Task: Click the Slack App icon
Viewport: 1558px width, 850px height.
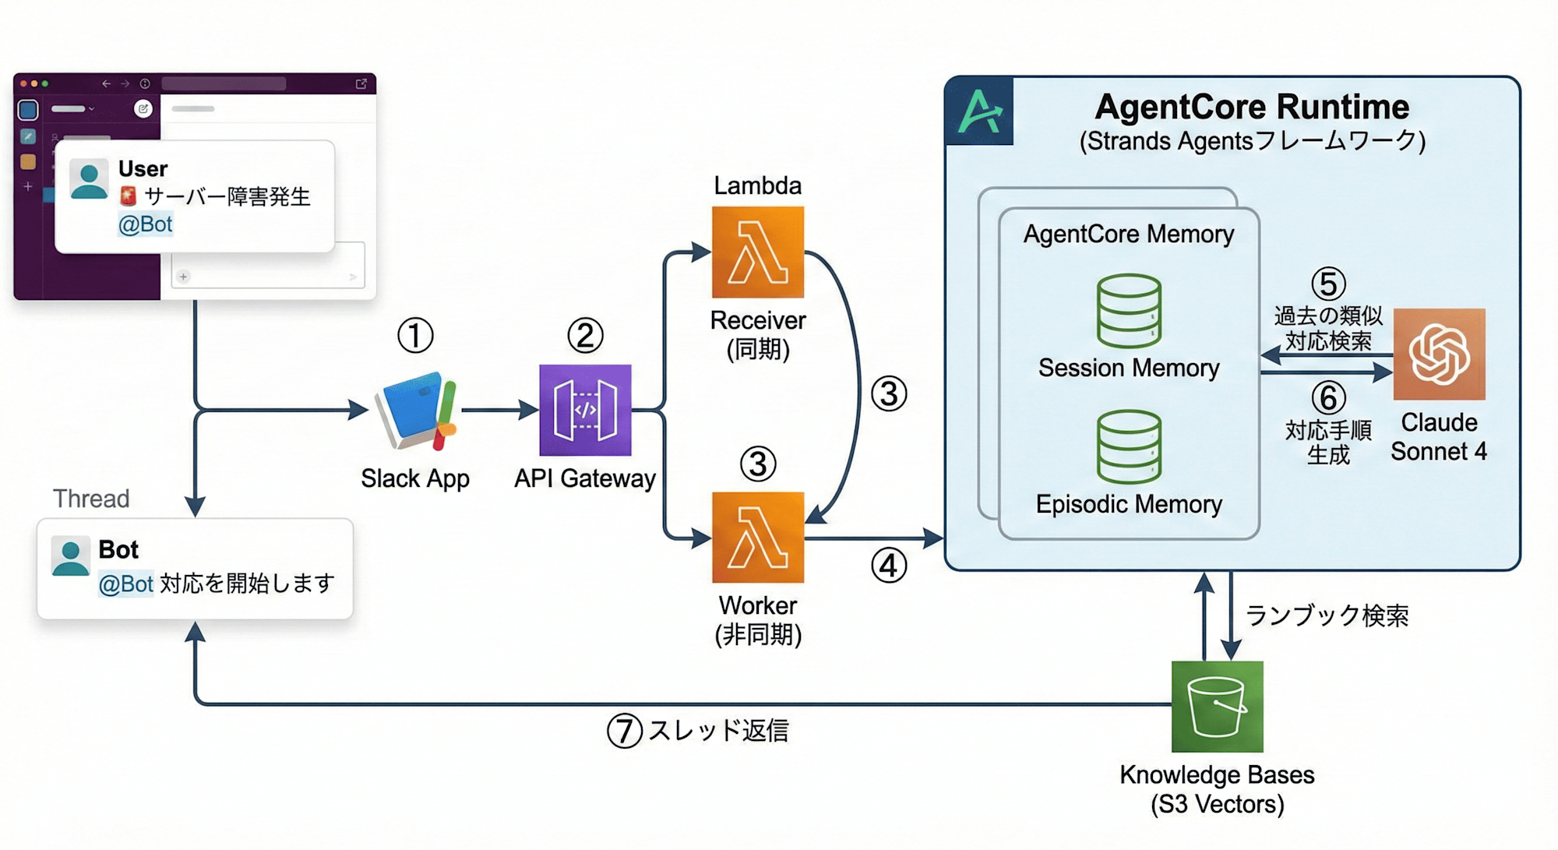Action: (x=415, y=411)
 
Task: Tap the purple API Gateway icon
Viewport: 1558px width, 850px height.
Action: (x=585, y=410)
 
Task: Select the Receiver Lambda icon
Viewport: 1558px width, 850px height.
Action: (x=757, y=252)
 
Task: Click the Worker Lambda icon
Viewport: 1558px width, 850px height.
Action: (x=757, y=538)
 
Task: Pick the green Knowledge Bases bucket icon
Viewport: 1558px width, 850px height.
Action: (x=1217, y=706)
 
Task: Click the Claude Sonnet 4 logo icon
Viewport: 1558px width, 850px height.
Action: (x=1439, y=354)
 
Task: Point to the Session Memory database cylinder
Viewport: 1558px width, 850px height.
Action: (x=1129, y=311)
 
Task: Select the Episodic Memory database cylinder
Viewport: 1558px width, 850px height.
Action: (x=1129, y=447)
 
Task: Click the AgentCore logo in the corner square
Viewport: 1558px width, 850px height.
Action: (x=979, y=111)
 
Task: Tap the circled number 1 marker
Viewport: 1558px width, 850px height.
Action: (x=415, y=336)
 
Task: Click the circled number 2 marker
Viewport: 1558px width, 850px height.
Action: (x=585, y=336)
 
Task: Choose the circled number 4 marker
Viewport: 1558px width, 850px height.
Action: (x=889, y=566)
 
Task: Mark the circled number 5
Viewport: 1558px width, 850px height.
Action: (x=1328, y=284)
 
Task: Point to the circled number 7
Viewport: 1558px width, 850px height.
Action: (x=624, y=732)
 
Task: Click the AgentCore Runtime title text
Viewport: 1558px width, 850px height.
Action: (x=1252, y=107)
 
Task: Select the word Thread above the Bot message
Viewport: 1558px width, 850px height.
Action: (x=91, y=499)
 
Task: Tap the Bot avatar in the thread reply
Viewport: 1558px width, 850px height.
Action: (x=70, y=556)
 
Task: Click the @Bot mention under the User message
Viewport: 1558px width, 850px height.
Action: (x=145, y=224)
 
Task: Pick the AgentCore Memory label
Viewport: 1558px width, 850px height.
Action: (x=1129, y=234)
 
